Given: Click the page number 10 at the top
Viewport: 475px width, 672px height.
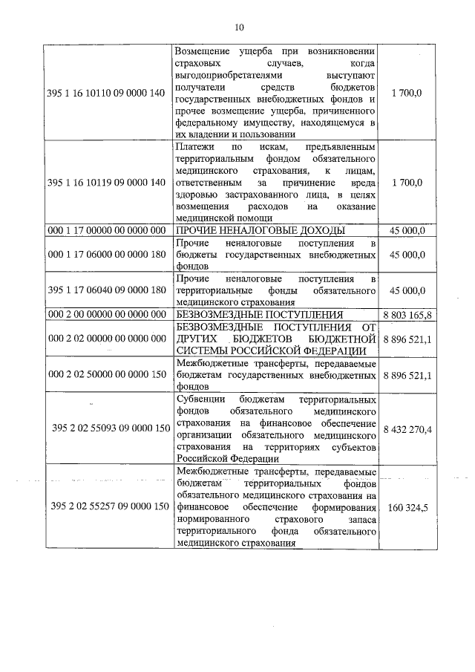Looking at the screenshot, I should click(x=238, y=27).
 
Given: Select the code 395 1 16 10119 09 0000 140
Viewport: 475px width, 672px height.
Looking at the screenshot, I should click(x=105, y=183).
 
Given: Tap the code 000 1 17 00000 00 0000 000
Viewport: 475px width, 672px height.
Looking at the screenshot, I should click(x=105, y=230).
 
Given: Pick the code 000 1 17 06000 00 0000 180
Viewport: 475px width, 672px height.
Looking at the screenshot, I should click(x=105, y=255).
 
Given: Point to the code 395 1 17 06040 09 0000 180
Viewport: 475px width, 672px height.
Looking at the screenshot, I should click(x=105, y=290).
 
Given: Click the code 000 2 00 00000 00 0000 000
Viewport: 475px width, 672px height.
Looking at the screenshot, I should click(x=105, y=315).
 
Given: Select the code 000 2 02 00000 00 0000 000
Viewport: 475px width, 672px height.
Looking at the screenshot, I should click(x=105, y=339).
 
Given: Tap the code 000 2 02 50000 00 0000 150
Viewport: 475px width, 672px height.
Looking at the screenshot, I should click(x=105, y=375).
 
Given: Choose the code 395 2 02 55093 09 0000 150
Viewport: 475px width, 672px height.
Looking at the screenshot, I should click(x=110, y=428).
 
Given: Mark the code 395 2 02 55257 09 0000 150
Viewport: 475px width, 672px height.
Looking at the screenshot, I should click(x=110, y=506).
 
